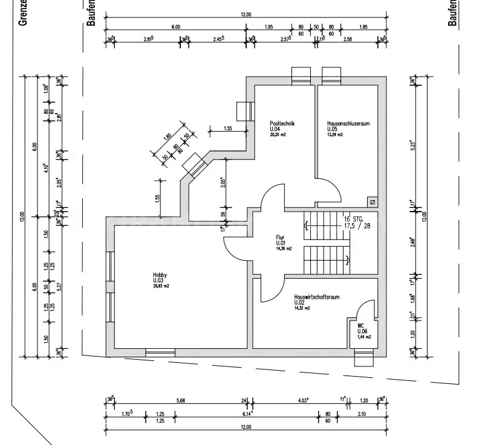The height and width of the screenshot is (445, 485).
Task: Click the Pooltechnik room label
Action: [282, 123]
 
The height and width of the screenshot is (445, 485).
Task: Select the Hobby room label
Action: [159, 274]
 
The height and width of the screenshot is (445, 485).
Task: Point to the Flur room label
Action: [280, 238]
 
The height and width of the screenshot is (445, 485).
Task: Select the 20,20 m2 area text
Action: [278, 135]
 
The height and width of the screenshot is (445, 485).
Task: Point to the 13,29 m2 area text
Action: [335, 135]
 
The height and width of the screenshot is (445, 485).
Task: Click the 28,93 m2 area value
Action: [161, 286]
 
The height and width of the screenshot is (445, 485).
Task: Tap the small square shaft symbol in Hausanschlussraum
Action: [372, 202]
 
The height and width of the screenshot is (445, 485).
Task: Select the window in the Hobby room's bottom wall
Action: [160, 351]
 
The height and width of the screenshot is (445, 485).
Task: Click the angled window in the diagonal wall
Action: [195, 164]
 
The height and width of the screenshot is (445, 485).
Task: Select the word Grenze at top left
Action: [25, 13]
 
